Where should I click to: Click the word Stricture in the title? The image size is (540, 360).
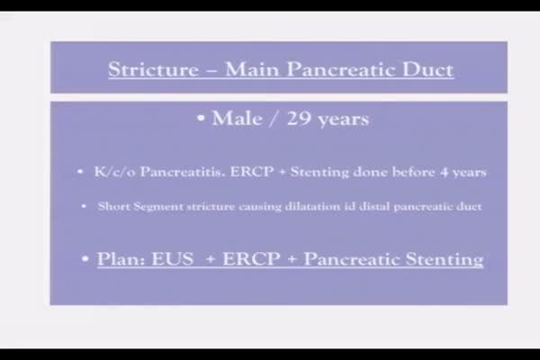(154, 69)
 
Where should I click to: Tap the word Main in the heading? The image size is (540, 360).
(252, 69)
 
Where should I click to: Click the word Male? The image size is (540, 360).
(237, 119)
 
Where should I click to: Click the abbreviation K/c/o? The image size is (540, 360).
(114, 172)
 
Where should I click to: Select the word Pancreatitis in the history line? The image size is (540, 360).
(183, 172)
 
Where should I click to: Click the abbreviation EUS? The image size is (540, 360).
(173, 259)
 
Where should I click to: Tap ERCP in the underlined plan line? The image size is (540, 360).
(251, 259)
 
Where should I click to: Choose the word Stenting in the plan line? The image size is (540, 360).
(445, 259)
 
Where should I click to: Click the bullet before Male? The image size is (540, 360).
(201, 118)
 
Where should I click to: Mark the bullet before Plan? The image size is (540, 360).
(85, 258)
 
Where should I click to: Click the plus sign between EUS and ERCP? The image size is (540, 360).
(210, 259)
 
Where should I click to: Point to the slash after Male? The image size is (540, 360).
(274, 119)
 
